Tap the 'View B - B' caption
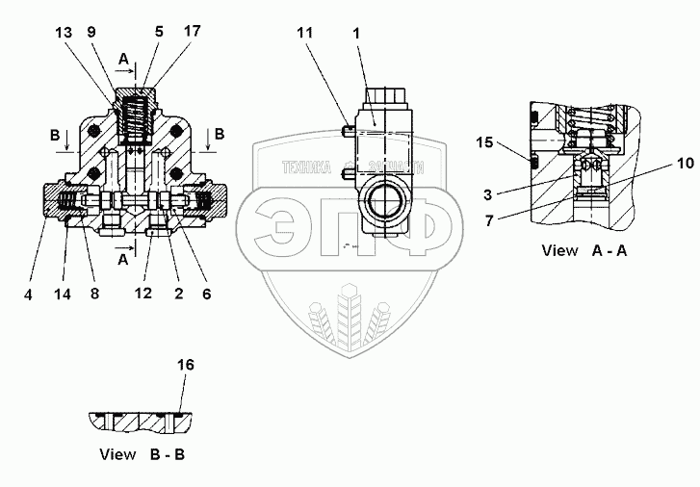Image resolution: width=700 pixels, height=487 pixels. pos(146,453)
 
